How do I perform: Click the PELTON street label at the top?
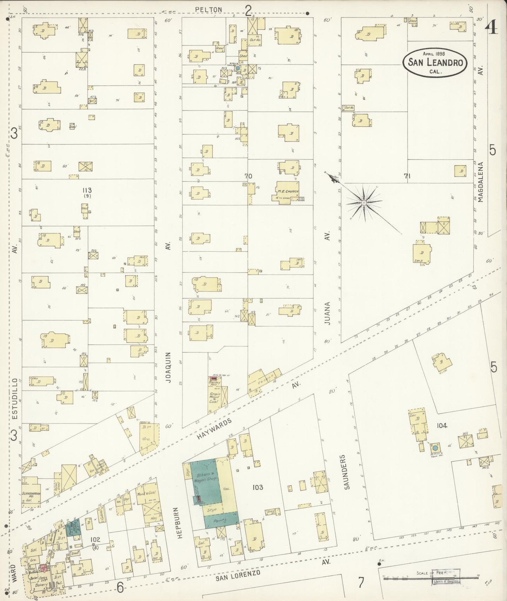209,9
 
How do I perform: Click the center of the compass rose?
364,203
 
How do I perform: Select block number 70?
248,176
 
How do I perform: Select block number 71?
407,176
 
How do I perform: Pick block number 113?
87,190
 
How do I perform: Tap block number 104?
442,425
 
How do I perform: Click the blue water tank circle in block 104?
435,448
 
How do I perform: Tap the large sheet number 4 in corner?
492,27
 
